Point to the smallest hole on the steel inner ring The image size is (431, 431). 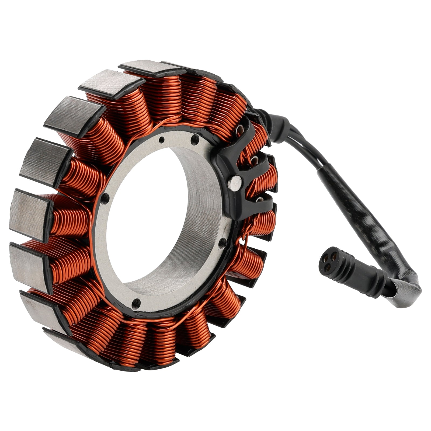[161, 139]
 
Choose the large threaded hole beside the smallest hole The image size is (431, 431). [195, 139]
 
